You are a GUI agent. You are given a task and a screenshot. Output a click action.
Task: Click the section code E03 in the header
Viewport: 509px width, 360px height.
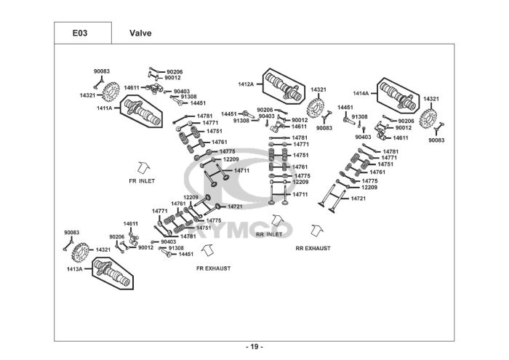pos(80,33)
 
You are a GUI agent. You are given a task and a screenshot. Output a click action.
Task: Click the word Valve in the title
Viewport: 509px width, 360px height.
pos(140,33)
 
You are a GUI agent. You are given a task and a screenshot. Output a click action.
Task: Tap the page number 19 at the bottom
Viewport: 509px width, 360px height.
pos(254,347)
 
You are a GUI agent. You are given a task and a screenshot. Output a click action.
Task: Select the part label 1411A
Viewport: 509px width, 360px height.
pos(104,108)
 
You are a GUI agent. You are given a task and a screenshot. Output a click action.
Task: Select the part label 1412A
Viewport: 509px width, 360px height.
pos(246,84)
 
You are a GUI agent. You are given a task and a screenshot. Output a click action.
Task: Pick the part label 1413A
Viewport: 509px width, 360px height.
pos(75,269)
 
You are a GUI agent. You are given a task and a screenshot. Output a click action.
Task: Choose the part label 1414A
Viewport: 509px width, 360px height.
pos(361,94)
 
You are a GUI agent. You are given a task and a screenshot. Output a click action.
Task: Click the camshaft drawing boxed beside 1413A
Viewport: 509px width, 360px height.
pos(112,273)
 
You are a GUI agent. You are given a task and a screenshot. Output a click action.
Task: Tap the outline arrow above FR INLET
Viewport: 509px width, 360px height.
pos(143,167)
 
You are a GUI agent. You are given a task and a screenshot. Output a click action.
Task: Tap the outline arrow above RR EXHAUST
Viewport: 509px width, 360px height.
pos(316,230)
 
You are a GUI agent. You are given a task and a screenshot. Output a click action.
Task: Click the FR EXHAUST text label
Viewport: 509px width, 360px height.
pos(213,268)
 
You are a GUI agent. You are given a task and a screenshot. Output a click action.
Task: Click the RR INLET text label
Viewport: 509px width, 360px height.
pos(269,234)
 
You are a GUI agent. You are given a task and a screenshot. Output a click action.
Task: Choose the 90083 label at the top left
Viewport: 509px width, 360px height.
pos(102,71)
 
